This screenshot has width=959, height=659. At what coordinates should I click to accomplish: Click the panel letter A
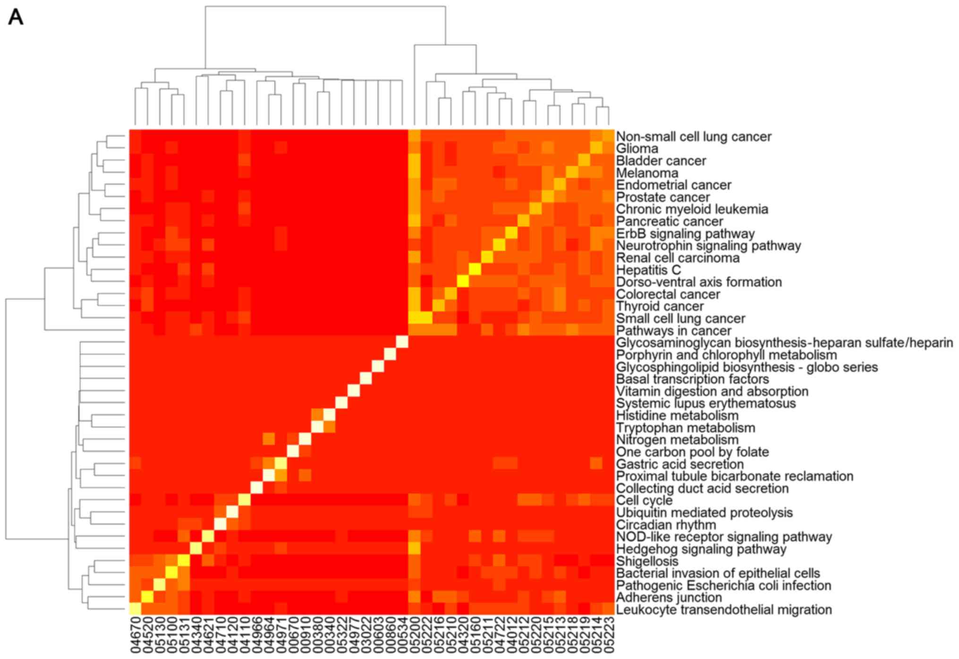click(16, 18)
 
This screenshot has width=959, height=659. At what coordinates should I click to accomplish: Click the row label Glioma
click(637, 149)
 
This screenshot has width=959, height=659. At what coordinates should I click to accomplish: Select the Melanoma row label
click(647, 173)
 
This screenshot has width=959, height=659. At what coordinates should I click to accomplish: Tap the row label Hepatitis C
click(648, 270)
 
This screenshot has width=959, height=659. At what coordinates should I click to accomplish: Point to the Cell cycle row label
click(644, 500)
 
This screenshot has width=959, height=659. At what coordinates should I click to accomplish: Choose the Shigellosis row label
click(647, 561)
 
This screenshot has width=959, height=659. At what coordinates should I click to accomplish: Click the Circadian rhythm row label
click(666, 525)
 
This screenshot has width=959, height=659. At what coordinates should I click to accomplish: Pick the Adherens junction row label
click(669, 598)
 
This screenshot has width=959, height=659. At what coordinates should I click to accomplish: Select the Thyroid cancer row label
click(660, 307)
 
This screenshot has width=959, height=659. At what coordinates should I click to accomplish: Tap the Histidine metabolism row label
click(677, 416)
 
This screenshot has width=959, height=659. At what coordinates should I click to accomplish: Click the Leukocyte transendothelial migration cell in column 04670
click(136, 609)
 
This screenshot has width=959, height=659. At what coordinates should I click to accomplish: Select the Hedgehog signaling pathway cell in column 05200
click(415, 549)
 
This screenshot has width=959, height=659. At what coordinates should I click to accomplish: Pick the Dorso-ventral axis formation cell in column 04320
click(463, 282)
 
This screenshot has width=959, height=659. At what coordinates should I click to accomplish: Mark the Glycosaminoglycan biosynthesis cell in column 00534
click(402, 342)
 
